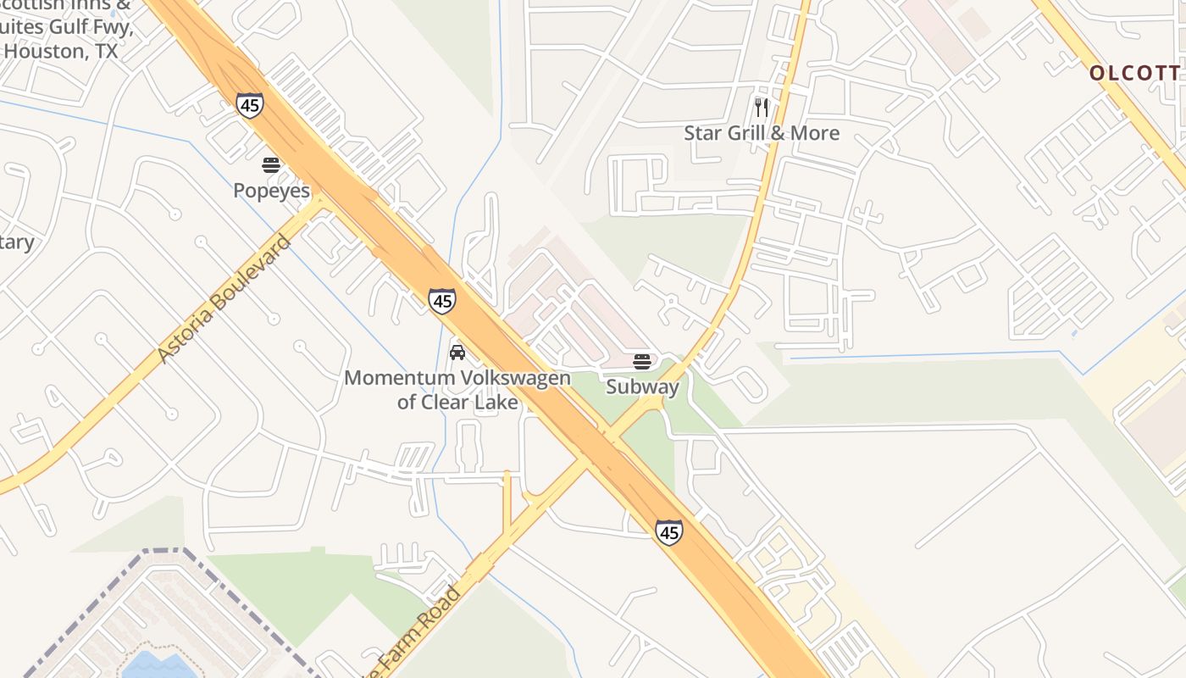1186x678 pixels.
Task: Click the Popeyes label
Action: pos(272,191)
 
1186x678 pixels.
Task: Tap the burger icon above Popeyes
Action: pos(271,165)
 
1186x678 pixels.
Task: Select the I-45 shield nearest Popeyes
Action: pos(250,105)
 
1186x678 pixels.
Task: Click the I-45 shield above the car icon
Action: pos(441,300)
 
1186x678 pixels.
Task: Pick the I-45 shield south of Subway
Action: pos(668,532)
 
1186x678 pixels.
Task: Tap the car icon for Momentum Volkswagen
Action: pos(457,353)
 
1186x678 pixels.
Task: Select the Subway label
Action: pos(642,387)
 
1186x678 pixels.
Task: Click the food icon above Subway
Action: pos(642,362)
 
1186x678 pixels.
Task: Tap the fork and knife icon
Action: pos(762,108)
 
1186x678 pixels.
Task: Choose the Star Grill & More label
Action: pos(762,133)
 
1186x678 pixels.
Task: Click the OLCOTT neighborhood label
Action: pos(1134,73)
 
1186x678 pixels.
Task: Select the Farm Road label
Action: pos(415,631)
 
